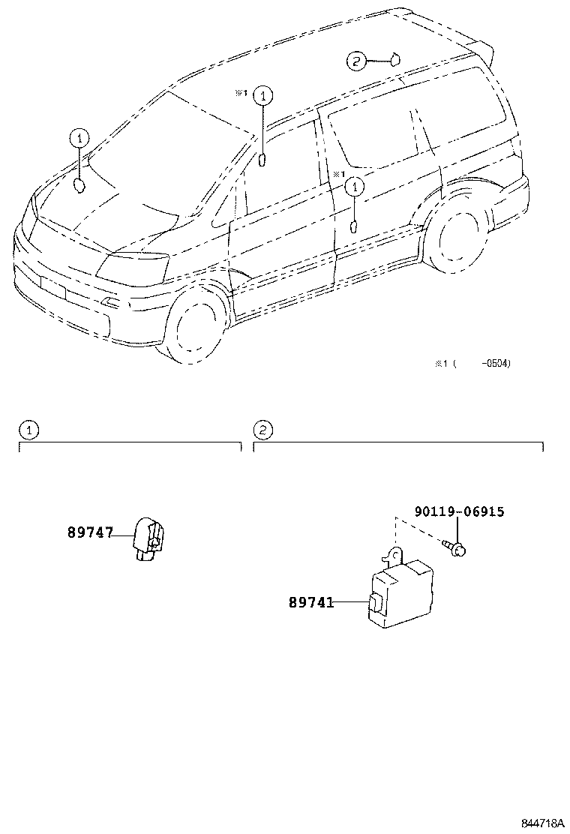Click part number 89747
[x=90, y=533]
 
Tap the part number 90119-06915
[x=458, y=512]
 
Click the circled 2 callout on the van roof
[x=356, y=61]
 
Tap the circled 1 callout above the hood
[x=79, y=138]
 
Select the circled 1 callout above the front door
[x=262, y=95]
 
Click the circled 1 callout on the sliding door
[x=354, y=186]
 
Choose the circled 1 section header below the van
[x=28, y=430]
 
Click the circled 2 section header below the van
[x=263, y=430]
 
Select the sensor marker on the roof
[x=394, y=58]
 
